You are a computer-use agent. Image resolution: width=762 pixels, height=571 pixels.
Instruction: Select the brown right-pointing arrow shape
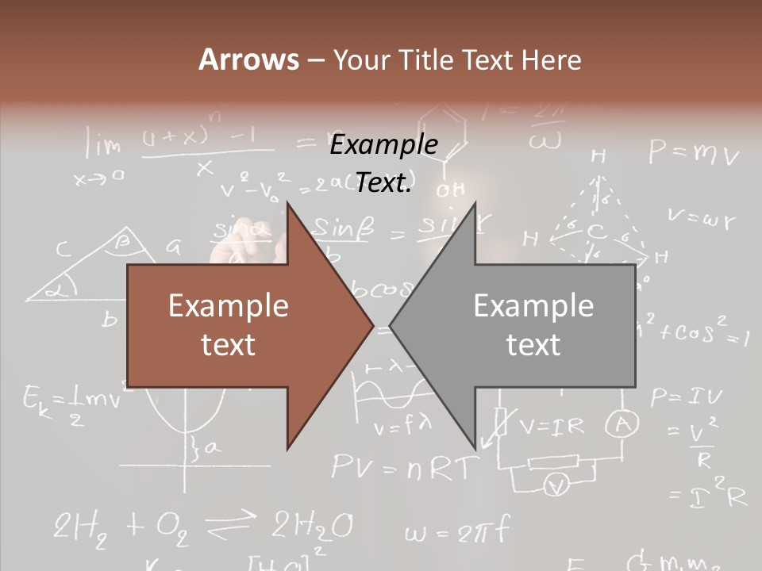pyautogui.click(x=238, y=325)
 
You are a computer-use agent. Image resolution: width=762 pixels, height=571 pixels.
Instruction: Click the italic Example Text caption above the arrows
pyautogui.click(x=383, y=163)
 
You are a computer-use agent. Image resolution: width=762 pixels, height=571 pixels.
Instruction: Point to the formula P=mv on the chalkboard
pyautogui.click(x=693, y=151)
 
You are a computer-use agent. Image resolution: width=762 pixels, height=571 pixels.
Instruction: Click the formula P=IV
pyautogui.click(x=686, y=397)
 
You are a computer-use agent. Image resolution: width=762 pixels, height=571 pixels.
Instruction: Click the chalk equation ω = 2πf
pyautogui.click(x=456, y=531)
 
